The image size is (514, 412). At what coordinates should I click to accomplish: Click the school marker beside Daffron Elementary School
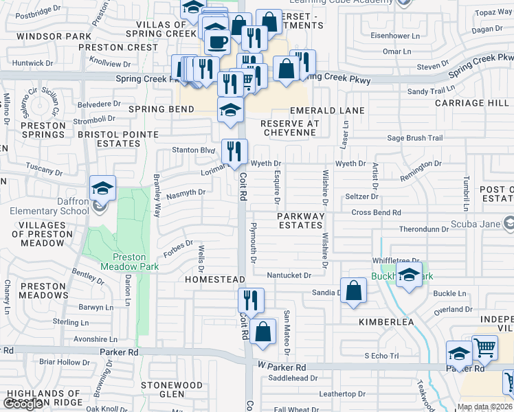(102, 189)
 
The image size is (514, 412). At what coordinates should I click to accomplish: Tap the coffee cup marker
(217, 42)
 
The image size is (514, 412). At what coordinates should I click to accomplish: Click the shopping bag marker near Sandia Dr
(353, 290)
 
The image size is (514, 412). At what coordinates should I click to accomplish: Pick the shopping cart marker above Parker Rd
(485, 349)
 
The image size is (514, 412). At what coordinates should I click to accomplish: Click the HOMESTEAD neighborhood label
(215, 280)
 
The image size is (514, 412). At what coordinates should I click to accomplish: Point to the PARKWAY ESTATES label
(300, 221)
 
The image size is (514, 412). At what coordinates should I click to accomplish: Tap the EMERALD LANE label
(327, 110)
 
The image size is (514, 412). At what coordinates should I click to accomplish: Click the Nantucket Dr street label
(289, 275)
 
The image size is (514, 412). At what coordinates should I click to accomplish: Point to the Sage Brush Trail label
(415, 138)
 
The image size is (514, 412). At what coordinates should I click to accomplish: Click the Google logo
(23, 404)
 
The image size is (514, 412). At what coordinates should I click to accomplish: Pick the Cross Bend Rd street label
(375, 212)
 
